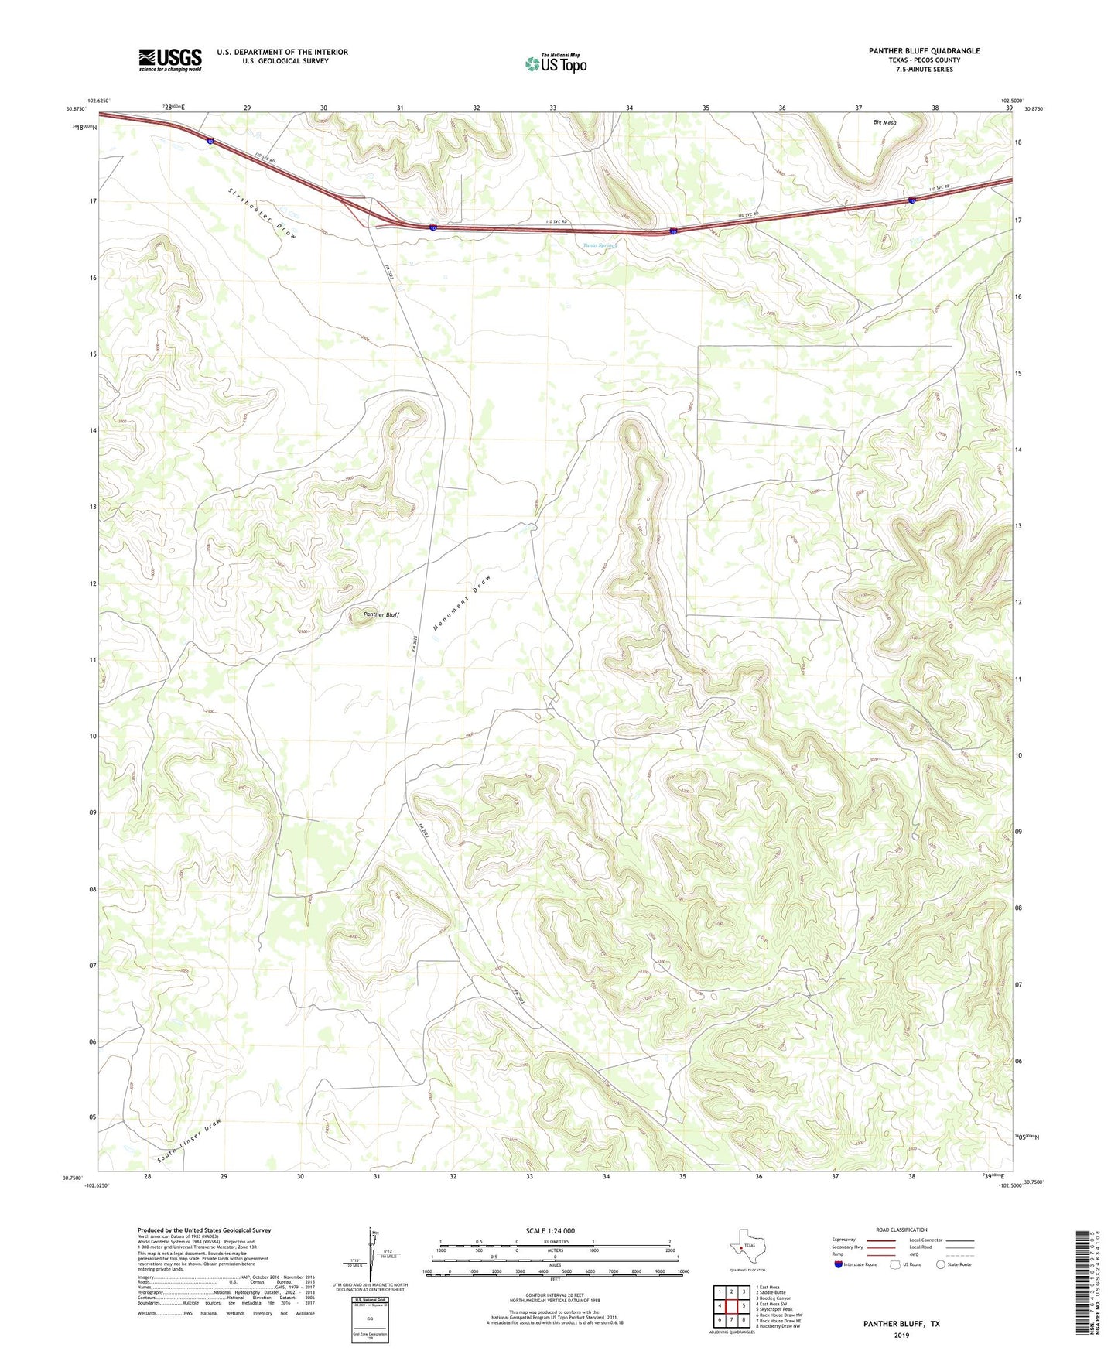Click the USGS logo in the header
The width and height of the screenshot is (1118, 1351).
tap(170, 60)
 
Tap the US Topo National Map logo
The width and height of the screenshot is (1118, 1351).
tap(556, 63)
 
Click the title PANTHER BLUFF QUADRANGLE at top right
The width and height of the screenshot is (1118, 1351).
tap(924, 51)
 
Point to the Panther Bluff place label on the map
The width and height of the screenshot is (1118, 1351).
tap(381, 614)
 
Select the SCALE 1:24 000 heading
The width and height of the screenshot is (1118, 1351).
tap(550, 1230)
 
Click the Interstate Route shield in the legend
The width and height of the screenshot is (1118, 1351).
tap(839, 1264)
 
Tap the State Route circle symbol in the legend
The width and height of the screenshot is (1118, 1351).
tap(941, 1264)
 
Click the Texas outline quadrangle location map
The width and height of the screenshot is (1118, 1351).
tap(746, 1250)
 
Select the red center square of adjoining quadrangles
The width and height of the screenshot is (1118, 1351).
tap(731, 1306)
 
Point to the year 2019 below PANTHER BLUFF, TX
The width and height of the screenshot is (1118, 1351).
tap(901, 1335)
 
